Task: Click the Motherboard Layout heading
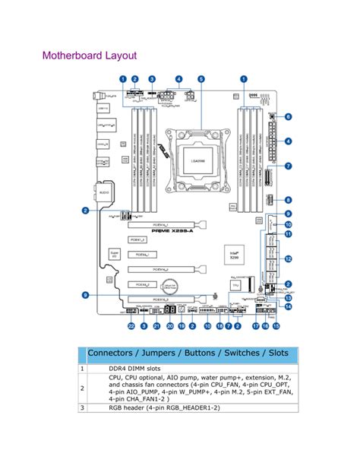[90, 56]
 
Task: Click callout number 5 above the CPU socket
[201, 79]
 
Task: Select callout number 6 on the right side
[289, 116]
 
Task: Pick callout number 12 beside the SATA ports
[289, 258]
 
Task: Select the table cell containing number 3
[82, 407]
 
